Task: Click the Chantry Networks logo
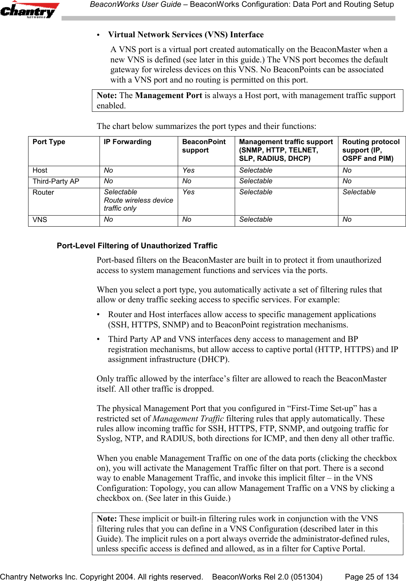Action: tap(30, 10)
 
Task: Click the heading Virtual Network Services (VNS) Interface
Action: tap(185, 35)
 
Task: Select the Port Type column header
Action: tap(49, 142)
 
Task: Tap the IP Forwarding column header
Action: tap(127, 142)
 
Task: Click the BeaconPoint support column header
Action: tap(204, 146)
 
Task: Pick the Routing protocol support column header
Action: tap(371, 150)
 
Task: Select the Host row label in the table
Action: tap(40, 170)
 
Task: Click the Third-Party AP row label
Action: tap(56, 181)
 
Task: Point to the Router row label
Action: tap(43, 192)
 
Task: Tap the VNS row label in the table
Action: tap(40, 220)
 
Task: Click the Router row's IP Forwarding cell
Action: tap(138, 200)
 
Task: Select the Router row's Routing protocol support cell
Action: tap(359, 192)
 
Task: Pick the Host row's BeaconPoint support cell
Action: tap(188, 170)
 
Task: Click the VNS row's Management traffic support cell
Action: tap(256, 219)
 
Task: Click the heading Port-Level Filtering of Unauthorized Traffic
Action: tap(137, 246)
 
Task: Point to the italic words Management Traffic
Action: tap(188, 419)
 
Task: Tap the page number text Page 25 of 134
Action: tap(371, 576)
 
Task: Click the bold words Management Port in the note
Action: tap(168, 95)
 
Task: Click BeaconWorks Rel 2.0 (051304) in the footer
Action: tap(267, 576)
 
